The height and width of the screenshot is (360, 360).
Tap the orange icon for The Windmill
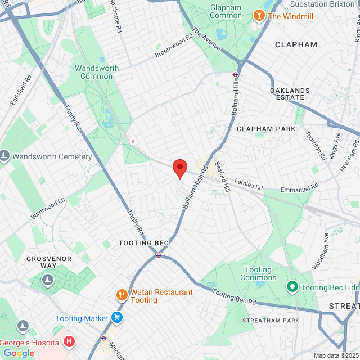click(259, 16)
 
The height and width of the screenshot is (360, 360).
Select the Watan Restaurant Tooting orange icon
click(121, 295)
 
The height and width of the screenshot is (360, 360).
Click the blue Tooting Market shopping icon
click(117, 318)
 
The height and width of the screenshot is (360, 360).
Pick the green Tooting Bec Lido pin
click(292, 287)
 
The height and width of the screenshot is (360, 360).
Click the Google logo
click(19, 353)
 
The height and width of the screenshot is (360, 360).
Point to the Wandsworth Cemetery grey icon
click(4, 156)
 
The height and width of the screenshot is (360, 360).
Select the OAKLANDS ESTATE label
click(290, 94)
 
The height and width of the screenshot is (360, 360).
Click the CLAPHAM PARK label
click(266, 129)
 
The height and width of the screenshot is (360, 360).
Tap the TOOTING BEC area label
click(143, 243)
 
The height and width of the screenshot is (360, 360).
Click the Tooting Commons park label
click(258, 274)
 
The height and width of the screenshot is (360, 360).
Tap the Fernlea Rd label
click(249, 184)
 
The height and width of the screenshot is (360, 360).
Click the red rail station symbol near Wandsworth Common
click(133, 141)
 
